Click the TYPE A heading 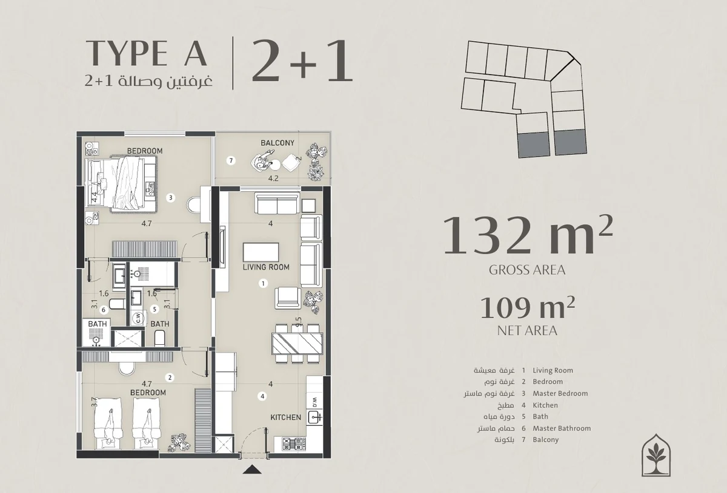(147, 53)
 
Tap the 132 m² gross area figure (528, 235)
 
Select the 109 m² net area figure (528, 308)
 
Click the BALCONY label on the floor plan (277, 143)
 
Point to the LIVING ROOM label (266, 267)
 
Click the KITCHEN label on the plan (285, 417)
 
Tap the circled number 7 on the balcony (231, 160)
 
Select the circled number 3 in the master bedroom (170, 197)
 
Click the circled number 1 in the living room (263, 283)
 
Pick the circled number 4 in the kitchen (262, 396)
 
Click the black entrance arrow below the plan (252, 469)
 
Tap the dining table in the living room (297, 344)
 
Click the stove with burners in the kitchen (294, 443)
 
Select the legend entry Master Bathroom (562, 428)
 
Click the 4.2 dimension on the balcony (273, 178)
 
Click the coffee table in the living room (261, 252)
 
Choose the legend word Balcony (546, 440)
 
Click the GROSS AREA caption (527, 270)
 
